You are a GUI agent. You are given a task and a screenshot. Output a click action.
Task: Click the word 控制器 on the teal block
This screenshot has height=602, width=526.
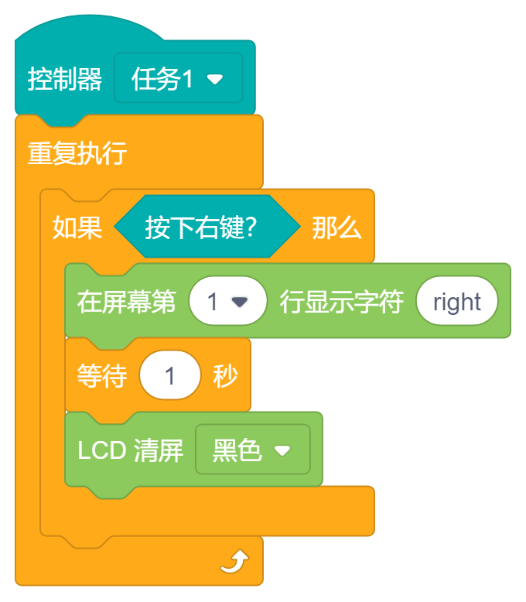point(65,79)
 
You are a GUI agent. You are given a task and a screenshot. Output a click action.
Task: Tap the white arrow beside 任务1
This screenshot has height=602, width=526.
point(215,79)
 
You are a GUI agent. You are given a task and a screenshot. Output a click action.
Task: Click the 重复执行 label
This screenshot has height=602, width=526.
point(77,152)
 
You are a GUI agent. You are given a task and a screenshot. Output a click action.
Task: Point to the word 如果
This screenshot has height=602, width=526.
point(77,227)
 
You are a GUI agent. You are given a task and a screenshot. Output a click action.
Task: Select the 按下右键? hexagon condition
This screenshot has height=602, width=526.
point(207,227)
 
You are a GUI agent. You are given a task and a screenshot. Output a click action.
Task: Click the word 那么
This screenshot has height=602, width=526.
point(336,227)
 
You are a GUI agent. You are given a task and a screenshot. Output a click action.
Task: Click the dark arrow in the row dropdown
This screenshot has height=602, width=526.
point(240,302)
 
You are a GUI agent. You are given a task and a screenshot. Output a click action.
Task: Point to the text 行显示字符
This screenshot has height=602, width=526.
point(341,302)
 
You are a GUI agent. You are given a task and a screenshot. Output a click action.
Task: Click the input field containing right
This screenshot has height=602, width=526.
point(456,302)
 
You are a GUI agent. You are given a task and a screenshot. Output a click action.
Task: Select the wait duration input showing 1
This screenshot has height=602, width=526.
point(170,376)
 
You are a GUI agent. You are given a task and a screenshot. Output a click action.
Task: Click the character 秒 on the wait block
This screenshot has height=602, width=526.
point(225,376)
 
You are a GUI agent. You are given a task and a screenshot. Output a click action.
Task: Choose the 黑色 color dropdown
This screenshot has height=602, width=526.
point(252,450)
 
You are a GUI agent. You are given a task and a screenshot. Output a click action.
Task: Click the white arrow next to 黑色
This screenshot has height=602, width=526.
point(282,450)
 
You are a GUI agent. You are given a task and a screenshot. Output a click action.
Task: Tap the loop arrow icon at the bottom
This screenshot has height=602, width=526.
point(234,561)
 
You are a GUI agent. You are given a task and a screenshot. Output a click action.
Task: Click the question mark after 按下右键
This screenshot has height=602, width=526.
point(249,227)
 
